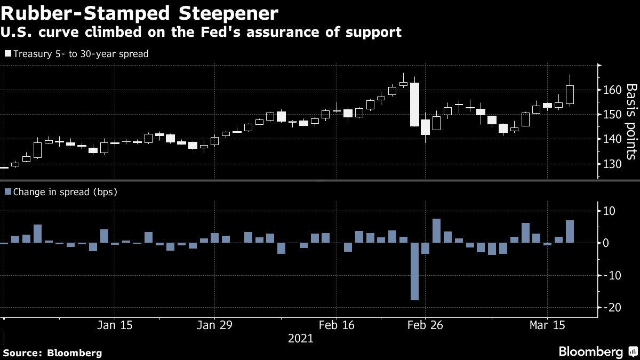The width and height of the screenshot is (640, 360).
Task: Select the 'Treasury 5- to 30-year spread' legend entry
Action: [x=77, y=54]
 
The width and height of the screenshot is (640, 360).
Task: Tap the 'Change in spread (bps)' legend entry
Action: [x=61, y=191]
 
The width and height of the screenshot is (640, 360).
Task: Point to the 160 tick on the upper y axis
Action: [x=611, y=90]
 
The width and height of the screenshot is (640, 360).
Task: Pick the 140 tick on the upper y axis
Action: [x=611, y=139]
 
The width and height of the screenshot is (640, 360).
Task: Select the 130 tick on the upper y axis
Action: [x=611, y=164]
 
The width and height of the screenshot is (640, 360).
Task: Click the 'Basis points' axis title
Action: [x=630, y=122]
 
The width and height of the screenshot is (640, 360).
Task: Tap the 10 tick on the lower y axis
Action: [x=609, y=212]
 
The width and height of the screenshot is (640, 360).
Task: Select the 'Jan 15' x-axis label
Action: [x=115, y=325]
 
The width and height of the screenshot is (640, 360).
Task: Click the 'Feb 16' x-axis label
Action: [x=336, y=325]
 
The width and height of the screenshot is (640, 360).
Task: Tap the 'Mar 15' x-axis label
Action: [x=547, y=325]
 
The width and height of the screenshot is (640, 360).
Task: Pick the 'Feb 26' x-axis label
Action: [x=425, y=325]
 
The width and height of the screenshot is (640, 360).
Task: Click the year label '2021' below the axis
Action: [x=300, y=338]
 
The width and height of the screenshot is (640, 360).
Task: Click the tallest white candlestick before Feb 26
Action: [x=414, y=105]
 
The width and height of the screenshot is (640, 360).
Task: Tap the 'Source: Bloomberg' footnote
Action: [x=52, y=353]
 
